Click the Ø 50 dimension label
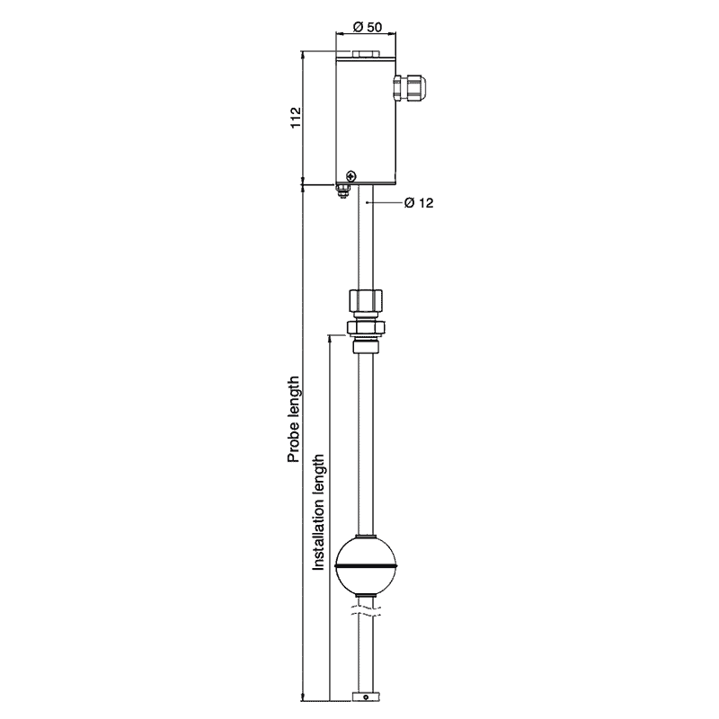pyautogui.click(x=368, y=27)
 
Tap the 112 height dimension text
pyautogui.click(x=297, y=118)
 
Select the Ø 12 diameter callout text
pyautogui.click(x=419, y=203)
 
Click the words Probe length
pyautogui.click(x=294, y=419)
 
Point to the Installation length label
pyautogui.click(x=319, y=512)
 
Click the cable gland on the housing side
pyautogui.click(x=410, y=88)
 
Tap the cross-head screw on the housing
pyautogui.click(x=351, y=175)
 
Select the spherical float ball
pyautogui.click(x=366, y=566)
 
